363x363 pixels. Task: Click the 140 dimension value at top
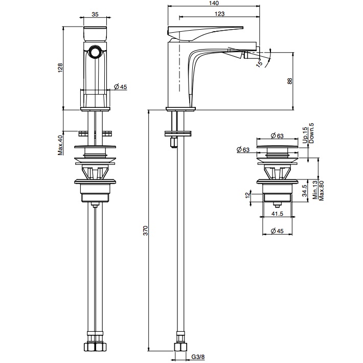tap(214, 3)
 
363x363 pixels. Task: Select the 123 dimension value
tap(219, 14)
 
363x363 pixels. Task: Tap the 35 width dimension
tap(95, 14)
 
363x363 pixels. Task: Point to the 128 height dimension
tap(60, 68)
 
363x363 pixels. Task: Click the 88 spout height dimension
tap(289, 81)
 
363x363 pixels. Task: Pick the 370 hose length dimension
tap(145, 231)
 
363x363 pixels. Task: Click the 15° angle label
tap(260, 63)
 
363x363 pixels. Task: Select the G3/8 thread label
tap(198, 357)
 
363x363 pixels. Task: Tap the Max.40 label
tap(60, 145)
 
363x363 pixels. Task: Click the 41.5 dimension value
tap(277, 213)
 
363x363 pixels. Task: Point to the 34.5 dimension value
tap(304, 191)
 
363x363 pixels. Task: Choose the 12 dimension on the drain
tap(248, 195)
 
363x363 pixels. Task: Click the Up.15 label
tap(305, 135)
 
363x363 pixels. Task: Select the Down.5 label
tap(311, 133)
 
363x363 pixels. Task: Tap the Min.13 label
tap(315, 190)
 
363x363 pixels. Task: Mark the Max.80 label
tap(321, 191)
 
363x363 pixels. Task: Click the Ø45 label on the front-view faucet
tap(120, 87)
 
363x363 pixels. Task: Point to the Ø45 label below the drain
tap(277, 231)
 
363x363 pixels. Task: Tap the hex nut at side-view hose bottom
tap(180, 347)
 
